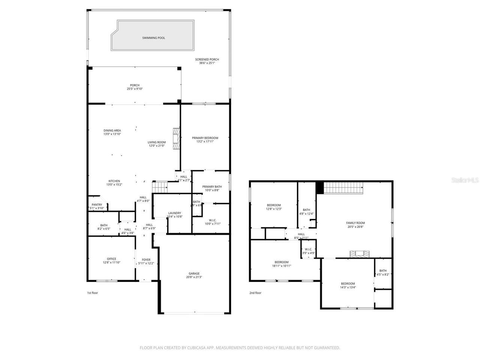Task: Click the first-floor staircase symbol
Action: point(159,186)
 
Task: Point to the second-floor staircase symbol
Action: point(343,187)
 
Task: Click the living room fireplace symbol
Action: point(176,139)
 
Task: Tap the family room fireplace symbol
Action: point(359,254)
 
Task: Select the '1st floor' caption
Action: point(92,293)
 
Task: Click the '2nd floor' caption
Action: point(255,293)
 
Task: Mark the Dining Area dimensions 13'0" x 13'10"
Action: point(112,134)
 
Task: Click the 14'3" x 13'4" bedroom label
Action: point(348,285)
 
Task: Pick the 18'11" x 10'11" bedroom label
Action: point(281,264)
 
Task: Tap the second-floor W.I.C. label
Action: point(308,251)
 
